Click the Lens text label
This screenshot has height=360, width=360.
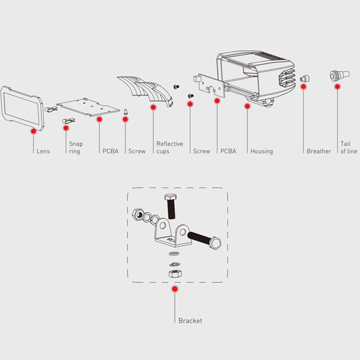point(43,151)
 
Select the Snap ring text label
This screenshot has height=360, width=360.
point(76,148)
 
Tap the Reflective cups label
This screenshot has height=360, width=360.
point(170,148)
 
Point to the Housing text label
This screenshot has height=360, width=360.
point(261,151)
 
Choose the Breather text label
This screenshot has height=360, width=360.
point(319,151)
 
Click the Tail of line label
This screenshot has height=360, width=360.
point(349,148)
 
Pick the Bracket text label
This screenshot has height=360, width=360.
point(190,321)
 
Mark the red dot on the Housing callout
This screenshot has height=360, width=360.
point(247,106)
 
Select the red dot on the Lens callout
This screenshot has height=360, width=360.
point(33,131)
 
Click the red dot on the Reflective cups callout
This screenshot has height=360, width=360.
point(153,108)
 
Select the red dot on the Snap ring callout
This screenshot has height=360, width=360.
point(66,128)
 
